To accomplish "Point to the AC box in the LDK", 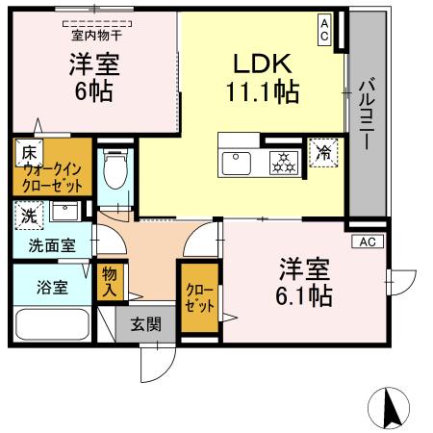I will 326,30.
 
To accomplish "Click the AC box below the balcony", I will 367,242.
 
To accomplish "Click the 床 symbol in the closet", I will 29,151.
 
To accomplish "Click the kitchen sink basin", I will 237,163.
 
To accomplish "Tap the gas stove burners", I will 284,162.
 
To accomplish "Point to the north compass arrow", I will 392,408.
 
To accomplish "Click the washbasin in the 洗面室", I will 64,212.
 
